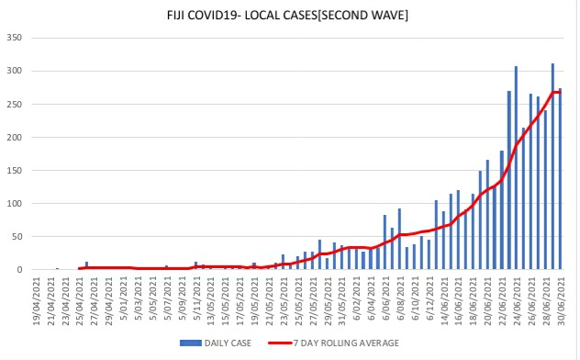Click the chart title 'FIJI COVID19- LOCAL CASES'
257,15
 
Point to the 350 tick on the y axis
15,38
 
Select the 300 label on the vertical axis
15,71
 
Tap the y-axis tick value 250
15,104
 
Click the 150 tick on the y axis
15,170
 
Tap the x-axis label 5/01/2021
128,300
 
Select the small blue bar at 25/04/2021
86,265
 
